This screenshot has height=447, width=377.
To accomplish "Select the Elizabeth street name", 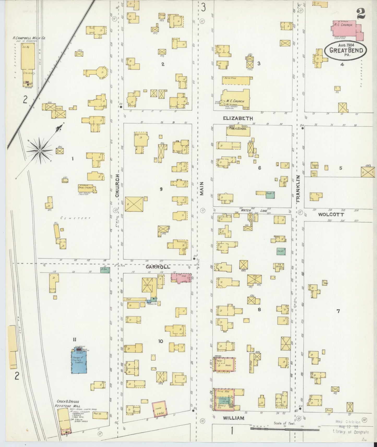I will click(x=238, y=118).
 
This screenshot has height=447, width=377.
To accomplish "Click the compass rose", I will click(x=40, y=150).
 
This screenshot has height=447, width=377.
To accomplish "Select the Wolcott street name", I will click(x=331, y=215).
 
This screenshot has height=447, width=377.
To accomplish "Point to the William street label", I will click(x=234, y=418).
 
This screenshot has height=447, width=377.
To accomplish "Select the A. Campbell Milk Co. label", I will click(x=29, y=38).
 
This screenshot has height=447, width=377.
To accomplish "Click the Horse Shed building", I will click(x=237, y=80).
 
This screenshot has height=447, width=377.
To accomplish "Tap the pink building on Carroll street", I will click(x=181, y=277).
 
